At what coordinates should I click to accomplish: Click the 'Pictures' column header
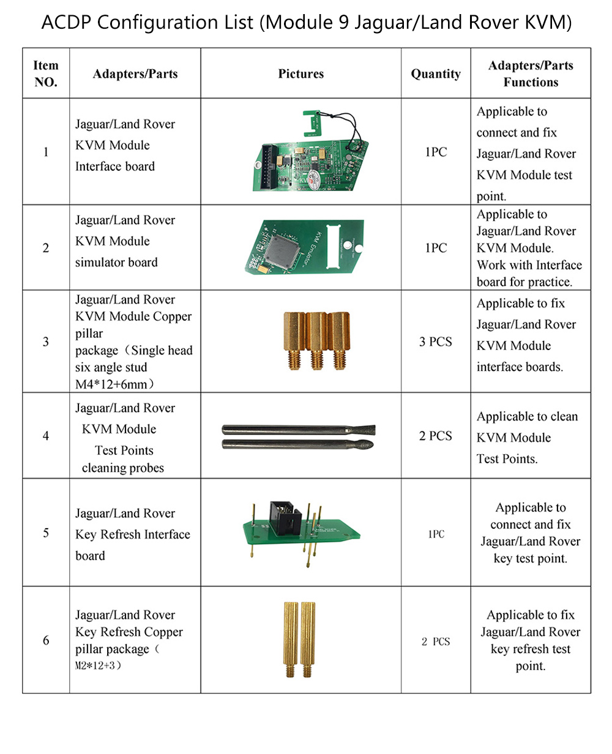(x=300, y=73)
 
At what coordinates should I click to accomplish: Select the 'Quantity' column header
(x=435, y=73)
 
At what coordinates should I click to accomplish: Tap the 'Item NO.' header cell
(x=46, y=73)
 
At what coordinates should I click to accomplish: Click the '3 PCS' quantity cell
(x=435, y=342)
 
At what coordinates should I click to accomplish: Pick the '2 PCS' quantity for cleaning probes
(x=435, y=436)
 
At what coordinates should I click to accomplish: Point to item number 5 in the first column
(x=46, y=532)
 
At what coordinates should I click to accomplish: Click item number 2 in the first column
(x=46, y=248)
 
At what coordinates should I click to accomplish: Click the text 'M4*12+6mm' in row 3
(x=113, y=384)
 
